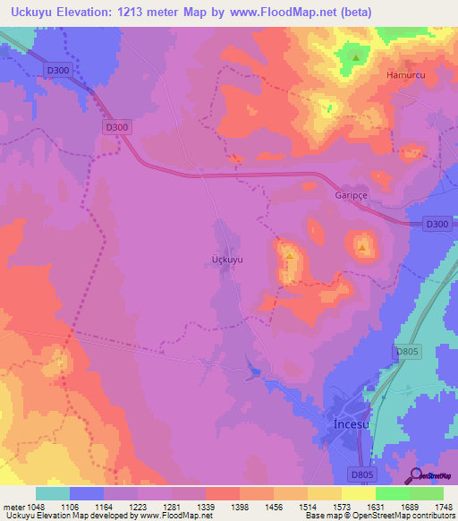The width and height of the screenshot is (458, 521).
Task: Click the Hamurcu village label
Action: (x=404, y=76)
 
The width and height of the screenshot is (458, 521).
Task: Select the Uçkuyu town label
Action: (x=226, y=260)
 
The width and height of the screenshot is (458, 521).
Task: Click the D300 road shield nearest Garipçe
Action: (x=437, y=224)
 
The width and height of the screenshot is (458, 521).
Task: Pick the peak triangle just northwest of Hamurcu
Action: (x=356, y=58)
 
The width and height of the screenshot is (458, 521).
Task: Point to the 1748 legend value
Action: (x=431, y=505)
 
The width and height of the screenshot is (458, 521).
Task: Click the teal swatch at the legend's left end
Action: (x=52, y=493)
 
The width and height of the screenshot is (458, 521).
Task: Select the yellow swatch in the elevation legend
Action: (x=358, y=493)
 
